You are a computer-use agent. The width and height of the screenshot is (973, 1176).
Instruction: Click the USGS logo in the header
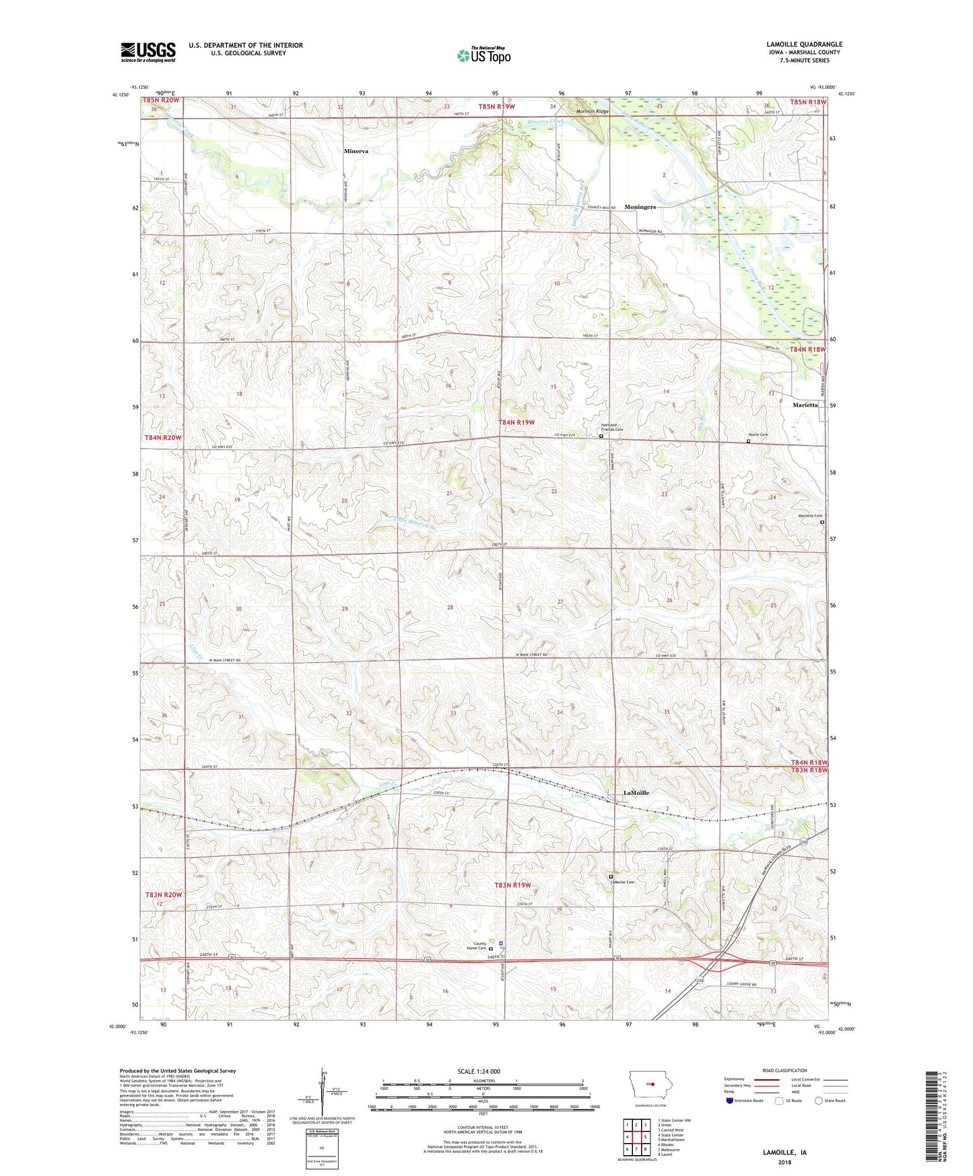[x=148, y=51]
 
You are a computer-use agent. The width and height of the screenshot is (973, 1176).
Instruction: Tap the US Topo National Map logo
[x=483, y=55]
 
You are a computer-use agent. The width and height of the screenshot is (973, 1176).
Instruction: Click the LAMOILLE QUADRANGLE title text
[x=804, y=44]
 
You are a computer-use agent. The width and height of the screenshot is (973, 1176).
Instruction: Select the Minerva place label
[x=356, y=152]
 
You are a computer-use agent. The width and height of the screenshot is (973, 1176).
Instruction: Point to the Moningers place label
[x=640, y=207]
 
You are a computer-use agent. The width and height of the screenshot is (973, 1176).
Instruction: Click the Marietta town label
[x=805, y=405]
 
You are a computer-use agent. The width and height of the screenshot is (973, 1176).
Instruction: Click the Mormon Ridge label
[x=593, y=112]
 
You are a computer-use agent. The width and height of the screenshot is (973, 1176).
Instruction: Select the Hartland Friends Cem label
[x=611, y=427]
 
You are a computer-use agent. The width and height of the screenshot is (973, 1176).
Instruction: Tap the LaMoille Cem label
[x=623, y=882]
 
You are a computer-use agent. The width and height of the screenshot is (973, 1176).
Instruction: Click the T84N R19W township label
[x=516, y=422]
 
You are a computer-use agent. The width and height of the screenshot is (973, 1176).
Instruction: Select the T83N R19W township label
[x=512, y=884]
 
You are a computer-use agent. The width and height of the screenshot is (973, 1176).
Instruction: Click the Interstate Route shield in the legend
[x=731, y=1101]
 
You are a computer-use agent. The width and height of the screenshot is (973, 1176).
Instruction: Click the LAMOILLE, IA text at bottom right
[x=784, y=1152]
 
